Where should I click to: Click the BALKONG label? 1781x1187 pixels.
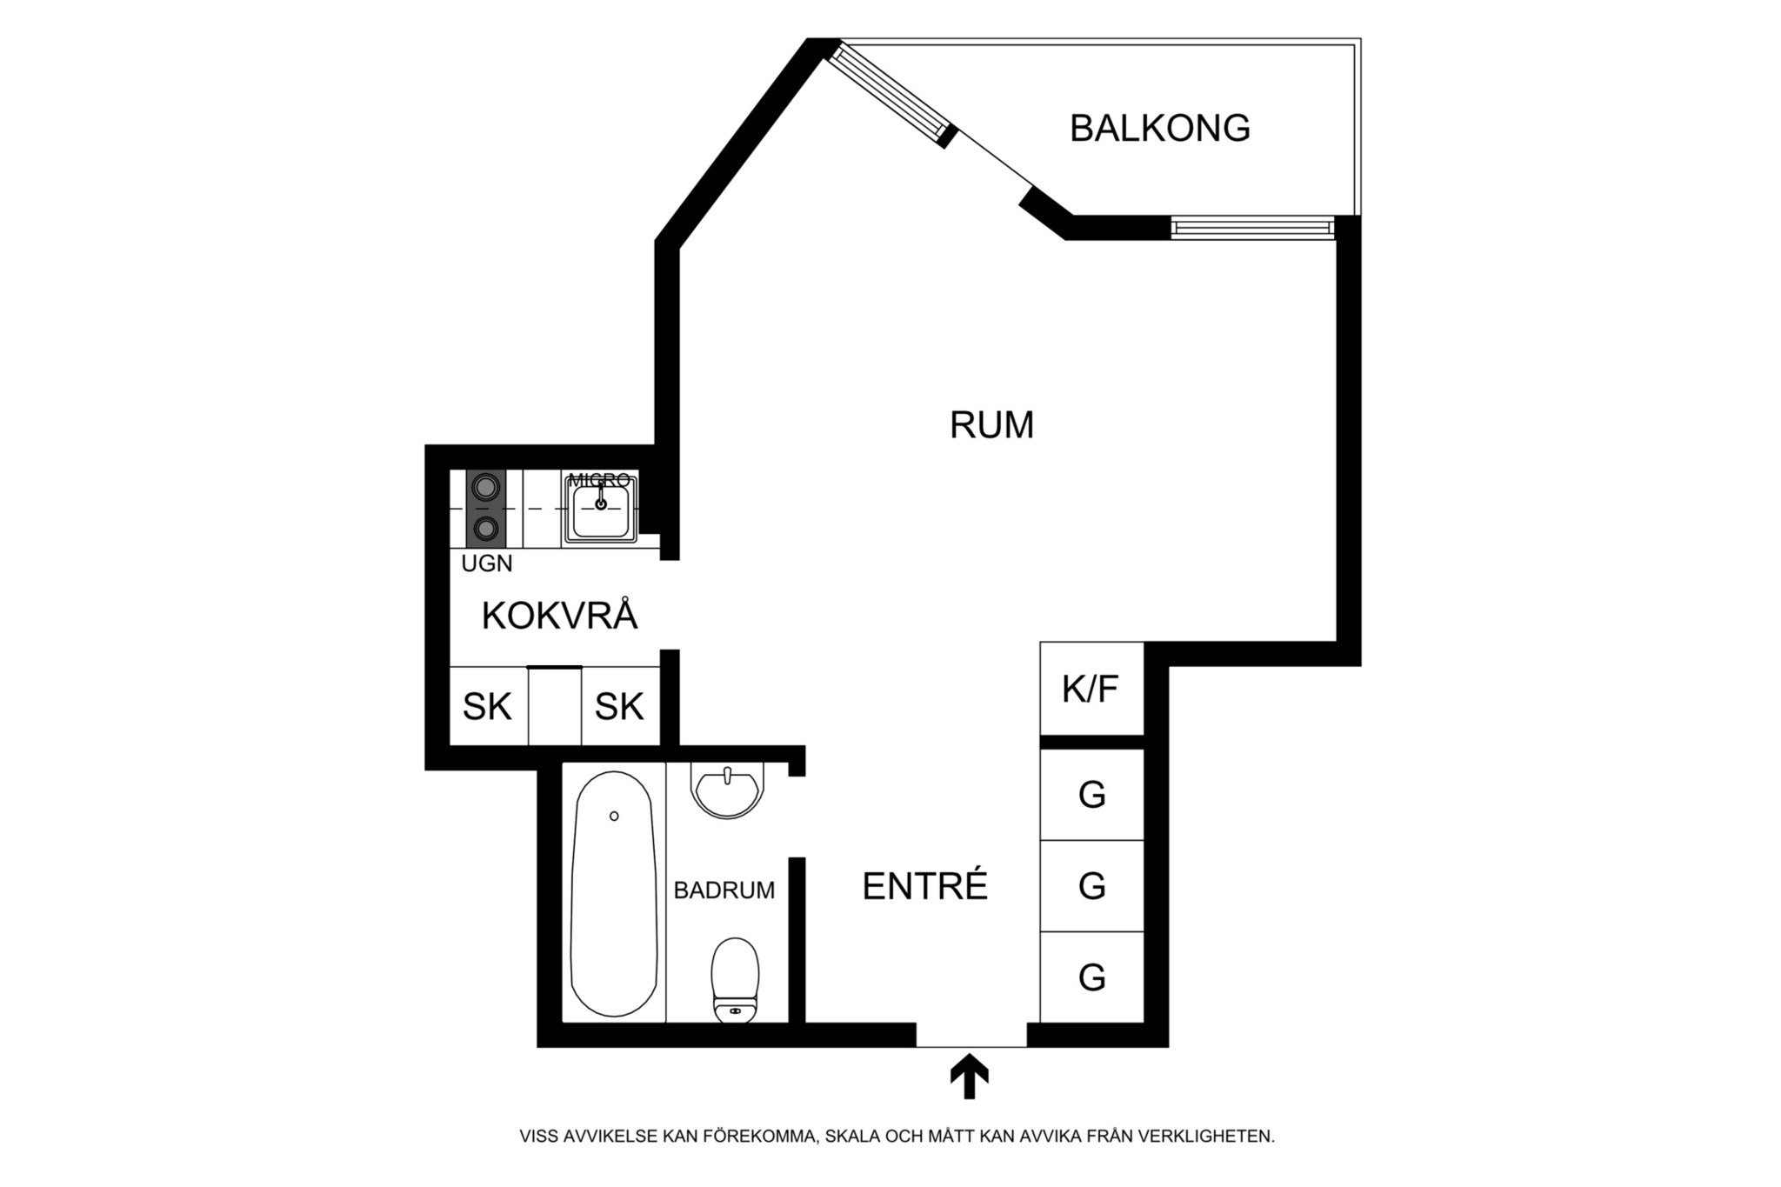[x=1160, y=128]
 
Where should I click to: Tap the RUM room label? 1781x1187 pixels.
[x=991, y=425]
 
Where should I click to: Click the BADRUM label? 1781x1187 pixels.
[x=724, y=890]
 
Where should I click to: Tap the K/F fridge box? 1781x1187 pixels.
[x=1091, y=689]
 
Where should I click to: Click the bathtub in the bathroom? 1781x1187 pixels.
[x=613, y=894]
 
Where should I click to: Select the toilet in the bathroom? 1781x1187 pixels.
[x=736, y=980]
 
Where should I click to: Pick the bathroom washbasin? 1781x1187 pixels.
[x=728, y=790]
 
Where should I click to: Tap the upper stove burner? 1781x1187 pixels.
[x=486, y=486]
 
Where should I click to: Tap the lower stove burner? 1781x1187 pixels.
[x=486, y=527]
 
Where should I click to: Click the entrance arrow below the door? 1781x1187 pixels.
[x=969, y=1077]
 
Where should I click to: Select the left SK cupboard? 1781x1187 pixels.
[x=489, y=706]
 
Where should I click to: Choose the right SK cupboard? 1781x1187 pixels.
[x=620, y=706]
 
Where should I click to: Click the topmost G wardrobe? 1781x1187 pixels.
[x=1091, y=794]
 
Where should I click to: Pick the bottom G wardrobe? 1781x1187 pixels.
[x=1091, y=977]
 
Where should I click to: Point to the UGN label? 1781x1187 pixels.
[x=487, y=563]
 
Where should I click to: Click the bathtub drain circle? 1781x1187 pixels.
[x=614, y=816]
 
